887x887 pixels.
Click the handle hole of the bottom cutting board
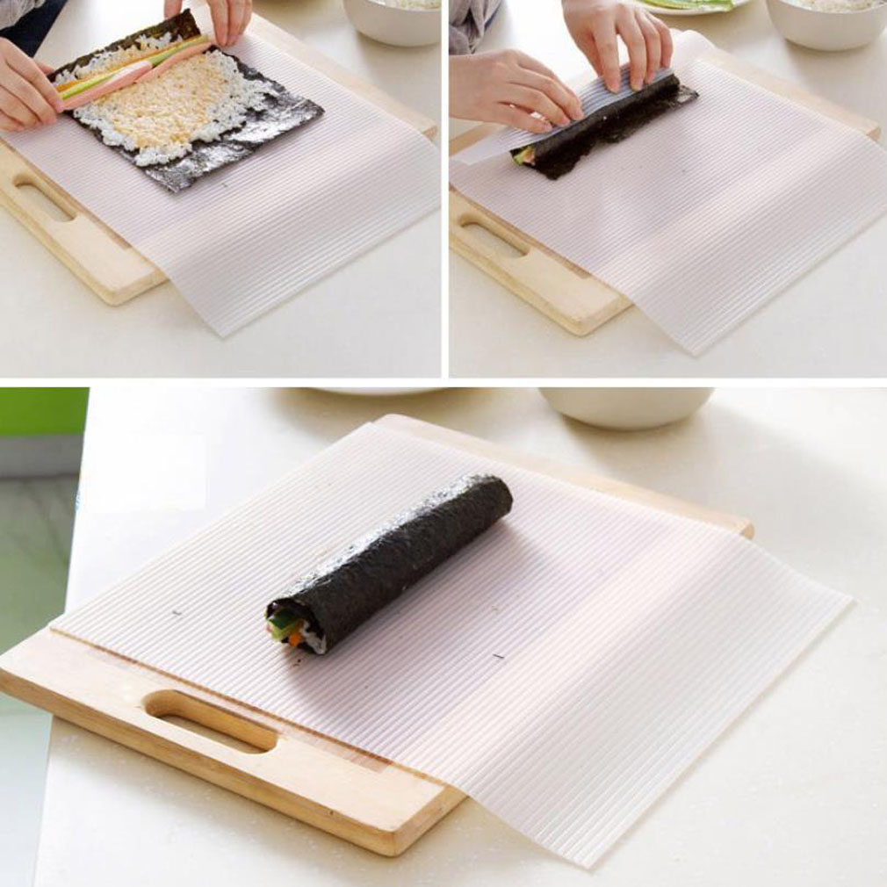[x=211, y=720]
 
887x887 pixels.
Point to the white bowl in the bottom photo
[x=625, y=406]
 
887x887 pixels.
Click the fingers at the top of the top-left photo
[x=211, y=18]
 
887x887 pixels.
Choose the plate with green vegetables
[x=694, y=7]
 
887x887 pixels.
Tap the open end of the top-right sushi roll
[x=524, y=156]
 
